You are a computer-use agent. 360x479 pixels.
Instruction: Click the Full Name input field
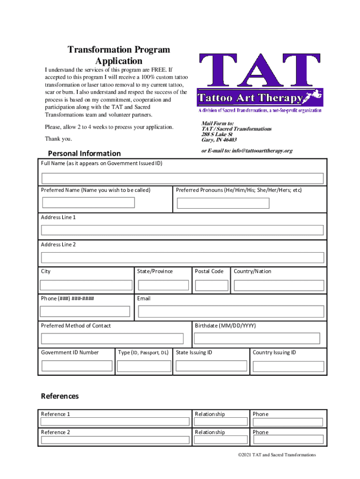click(182, 178)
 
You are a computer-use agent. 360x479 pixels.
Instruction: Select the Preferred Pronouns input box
click(223, 203)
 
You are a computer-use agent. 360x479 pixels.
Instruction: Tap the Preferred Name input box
click(88, 203)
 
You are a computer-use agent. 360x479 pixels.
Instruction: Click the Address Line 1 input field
click(182, 230)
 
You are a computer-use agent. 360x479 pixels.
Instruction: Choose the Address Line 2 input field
click(182, 258)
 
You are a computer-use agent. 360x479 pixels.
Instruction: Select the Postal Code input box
click(211, 285)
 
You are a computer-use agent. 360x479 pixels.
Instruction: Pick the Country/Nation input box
click(279, 285)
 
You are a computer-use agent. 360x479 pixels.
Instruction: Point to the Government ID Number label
click(70, 353)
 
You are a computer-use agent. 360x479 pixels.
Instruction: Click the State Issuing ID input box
click(212, 366)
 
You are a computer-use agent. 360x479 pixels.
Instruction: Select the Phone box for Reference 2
click(288, 439)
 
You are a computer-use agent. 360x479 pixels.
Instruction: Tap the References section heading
click(60, 396)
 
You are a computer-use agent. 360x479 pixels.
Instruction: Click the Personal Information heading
click(84, 153)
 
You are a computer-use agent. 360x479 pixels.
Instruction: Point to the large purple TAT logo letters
click(259, 70)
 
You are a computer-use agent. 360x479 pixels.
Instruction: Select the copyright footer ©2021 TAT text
click(276, 455)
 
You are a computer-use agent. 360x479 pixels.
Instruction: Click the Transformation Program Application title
click(119, 55)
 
